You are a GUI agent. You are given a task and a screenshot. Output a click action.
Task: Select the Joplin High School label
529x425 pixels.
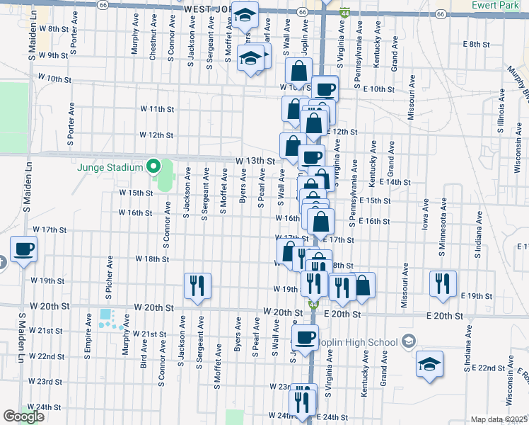point(358,342)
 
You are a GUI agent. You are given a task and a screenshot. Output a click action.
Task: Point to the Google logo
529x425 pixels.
point(23,416)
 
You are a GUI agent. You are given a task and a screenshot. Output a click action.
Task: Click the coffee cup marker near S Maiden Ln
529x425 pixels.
point(23,250)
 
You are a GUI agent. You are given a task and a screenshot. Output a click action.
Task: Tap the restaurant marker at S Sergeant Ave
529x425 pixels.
point(197,285)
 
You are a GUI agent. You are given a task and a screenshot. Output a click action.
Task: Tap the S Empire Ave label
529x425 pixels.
point(88,333)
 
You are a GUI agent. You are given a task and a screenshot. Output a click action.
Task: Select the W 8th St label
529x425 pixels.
point(53,29)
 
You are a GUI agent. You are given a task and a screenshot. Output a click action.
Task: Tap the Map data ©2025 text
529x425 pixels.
point(499,419)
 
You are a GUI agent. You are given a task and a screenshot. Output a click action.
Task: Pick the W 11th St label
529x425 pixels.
point(156,109)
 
